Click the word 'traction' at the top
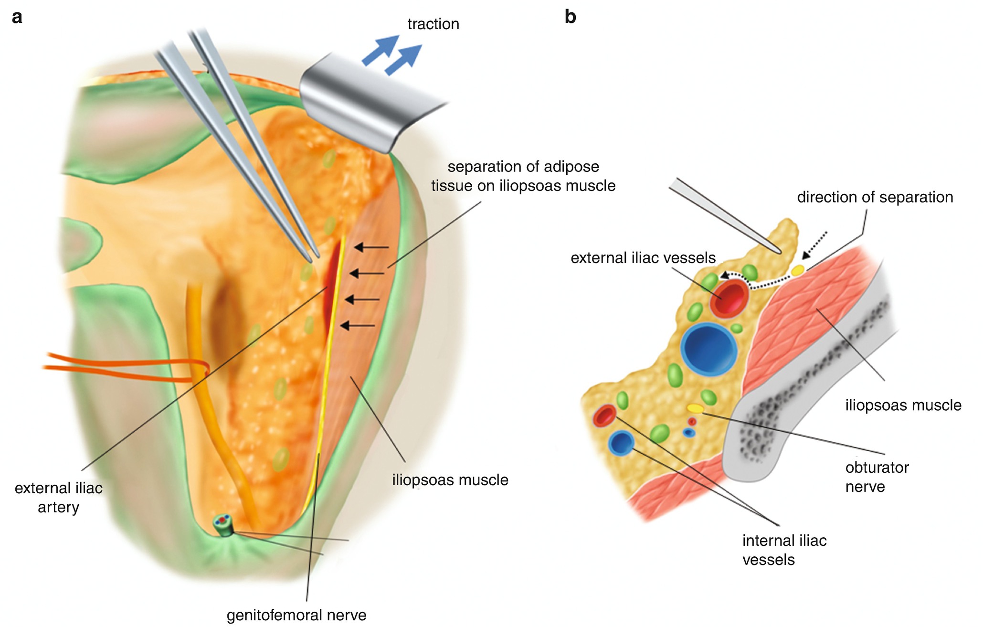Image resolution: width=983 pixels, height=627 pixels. point(433,24)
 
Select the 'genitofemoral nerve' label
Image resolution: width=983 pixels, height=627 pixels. point(296,616)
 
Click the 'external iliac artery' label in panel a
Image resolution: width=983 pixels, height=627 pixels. point(59,498)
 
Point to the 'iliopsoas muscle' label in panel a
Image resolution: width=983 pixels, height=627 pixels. point(450,480)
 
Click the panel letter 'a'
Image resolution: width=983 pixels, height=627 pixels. point(17,17)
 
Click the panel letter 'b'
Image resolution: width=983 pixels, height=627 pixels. point(570,17)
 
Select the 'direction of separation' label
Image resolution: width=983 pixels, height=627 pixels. point(875,197)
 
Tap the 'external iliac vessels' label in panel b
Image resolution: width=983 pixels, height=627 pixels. point(643,258)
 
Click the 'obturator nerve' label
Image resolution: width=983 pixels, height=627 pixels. point(877,477)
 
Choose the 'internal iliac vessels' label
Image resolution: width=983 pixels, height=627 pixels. point(784,550)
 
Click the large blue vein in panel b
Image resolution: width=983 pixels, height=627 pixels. point(709,349)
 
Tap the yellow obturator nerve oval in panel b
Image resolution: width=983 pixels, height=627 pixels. point(695,409)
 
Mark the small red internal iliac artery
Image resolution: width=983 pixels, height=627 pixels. point(605,416)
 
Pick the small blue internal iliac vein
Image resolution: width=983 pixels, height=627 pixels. point(621,443)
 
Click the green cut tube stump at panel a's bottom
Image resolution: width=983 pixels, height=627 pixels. point(223,525)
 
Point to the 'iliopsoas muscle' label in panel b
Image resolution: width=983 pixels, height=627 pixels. point(903,405)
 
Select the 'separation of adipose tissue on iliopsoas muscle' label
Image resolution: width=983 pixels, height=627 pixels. point(523,176)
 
